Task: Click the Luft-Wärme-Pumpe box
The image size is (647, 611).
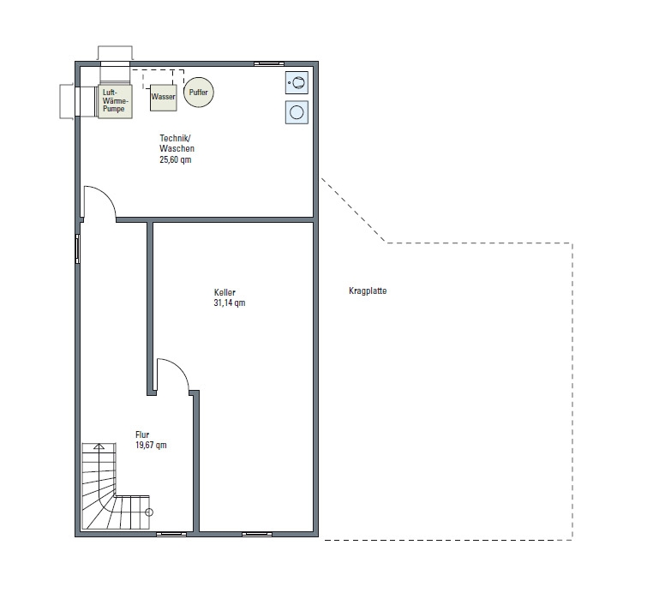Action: pos(115,101)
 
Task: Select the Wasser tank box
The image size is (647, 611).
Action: pos(164,98)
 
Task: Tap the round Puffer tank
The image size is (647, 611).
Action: pos(199,92)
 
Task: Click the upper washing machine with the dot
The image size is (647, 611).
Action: pos(297,82)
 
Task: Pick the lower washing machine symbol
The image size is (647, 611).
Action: pos(297,112)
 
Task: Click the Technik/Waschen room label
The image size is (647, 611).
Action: pos(177,143)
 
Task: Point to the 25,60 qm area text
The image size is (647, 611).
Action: pos(176,159)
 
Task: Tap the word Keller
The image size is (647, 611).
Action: pos(225,292)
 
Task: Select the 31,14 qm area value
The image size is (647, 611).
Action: pos(230,303)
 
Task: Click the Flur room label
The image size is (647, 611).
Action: pos(142,434)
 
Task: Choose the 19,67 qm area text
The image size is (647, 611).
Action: pos(151,445)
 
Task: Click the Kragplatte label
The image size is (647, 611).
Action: pos(368,291)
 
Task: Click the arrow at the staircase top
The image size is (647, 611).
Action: pos(99,446)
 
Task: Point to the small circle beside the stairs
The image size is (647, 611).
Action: pos(149,512)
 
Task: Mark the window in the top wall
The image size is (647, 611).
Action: pos(269,63)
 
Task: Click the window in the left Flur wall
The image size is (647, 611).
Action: pos(77,249)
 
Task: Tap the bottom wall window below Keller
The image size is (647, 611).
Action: pos(256,534)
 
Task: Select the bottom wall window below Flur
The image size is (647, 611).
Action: pos(171,534)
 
